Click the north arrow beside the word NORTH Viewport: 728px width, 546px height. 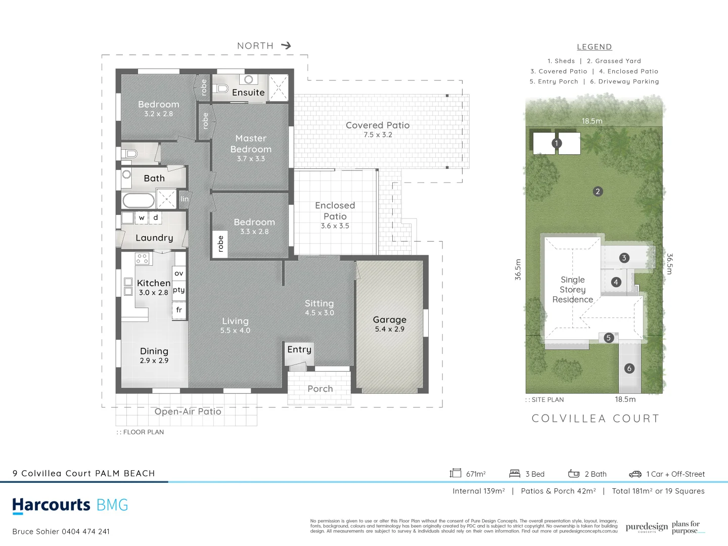click(x=286, y=45)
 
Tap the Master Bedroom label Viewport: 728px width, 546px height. click(x=251, y=144)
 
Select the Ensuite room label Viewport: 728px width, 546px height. click(x=248, y=93)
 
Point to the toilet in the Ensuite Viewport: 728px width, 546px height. click(x=221, y=88)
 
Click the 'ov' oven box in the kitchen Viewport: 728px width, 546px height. click(x=179, y=273)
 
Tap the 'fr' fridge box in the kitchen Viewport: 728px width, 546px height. click(x=179, y=310)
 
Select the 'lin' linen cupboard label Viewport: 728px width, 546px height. click(x=185, y=199)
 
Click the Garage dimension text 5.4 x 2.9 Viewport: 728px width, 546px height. click(x=389, y=329)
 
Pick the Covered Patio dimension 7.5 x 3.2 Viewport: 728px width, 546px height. click(x=378, y=135)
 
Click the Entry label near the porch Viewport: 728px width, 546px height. click(x=299, y=349)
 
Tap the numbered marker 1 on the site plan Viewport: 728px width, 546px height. click(x=556, y=143)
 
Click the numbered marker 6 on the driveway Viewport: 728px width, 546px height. click(x=629, y=369)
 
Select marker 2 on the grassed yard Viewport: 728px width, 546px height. click(x=598, y=192)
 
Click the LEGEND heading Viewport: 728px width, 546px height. click(x=594, y=47)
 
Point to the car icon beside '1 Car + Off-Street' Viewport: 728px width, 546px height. click(x=635, y=474)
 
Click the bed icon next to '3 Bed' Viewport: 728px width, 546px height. click(x=515, y=474)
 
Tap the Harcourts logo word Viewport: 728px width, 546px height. click(x=51, y=505)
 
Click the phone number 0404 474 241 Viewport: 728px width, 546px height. click(x=85, y=531)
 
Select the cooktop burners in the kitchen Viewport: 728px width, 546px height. click(x=142, y=259)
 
